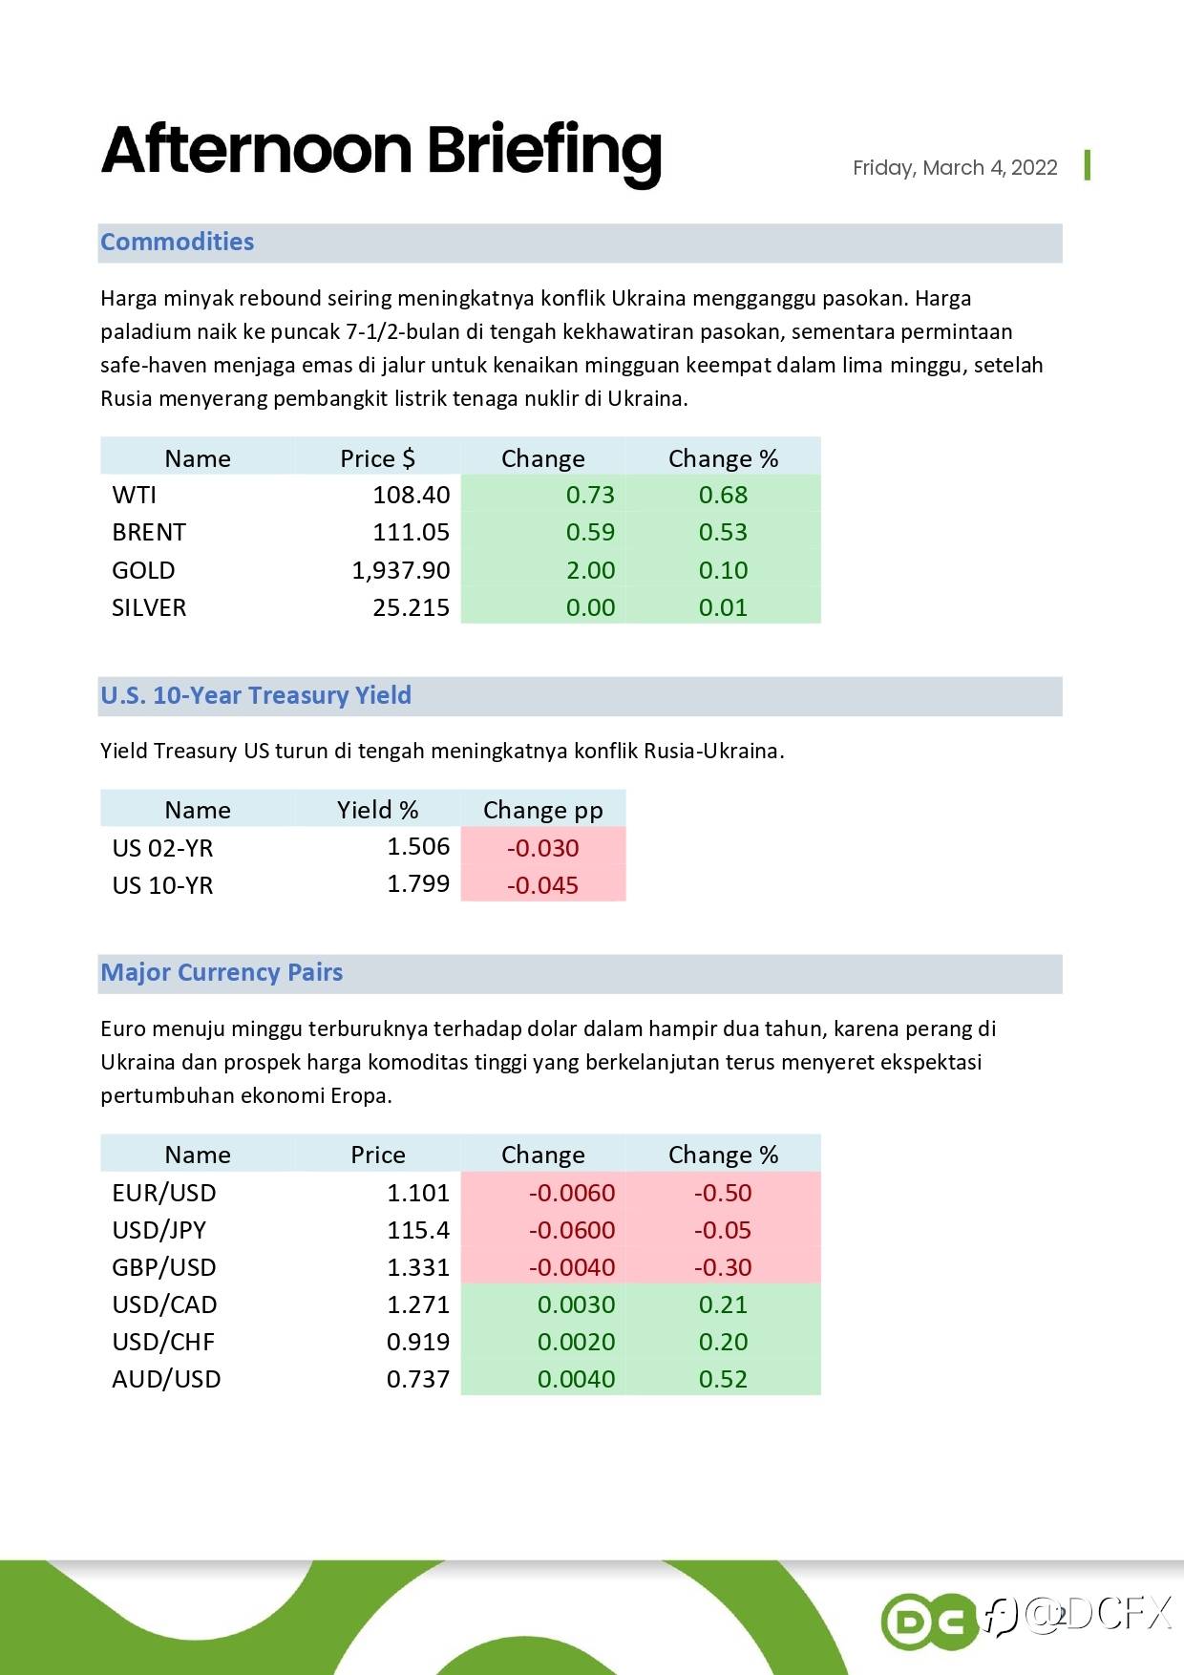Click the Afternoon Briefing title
[381, 151]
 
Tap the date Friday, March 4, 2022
[955, 168]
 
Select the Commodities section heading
[178, 242]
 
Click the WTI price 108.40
[411, 495]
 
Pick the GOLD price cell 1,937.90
[401, 570]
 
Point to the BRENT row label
[149, 532]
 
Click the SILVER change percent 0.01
[723, 607]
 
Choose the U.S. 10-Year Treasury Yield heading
[256, 695]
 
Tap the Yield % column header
[378, 810]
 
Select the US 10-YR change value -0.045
[542, 885]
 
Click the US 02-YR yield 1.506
[418, 846]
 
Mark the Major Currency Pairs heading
[222, 972]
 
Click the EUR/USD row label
[164, 1193]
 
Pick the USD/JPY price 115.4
[418, 1230]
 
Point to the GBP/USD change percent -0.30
[723, 1267]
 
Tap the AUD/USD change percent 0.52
[723, 1379]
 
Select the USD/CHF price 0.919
[418, 1342]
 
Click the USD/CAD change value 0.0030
[576, 1304]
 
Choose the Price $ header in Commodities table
[378, 458]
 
